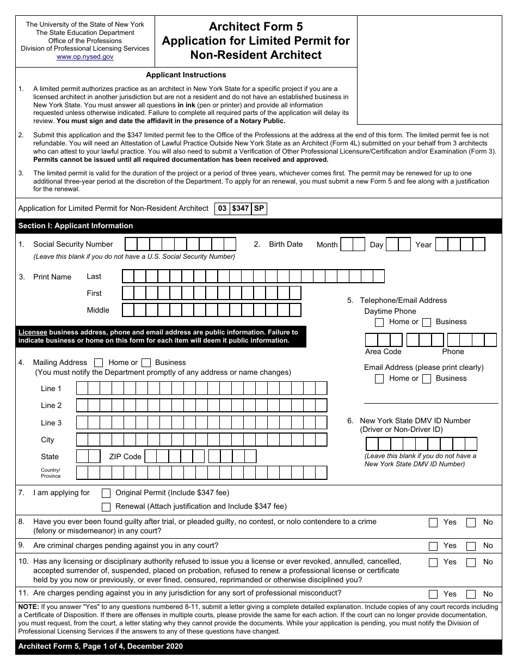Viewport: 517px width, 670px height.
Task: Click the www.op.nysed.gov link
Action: (x=85, y=57)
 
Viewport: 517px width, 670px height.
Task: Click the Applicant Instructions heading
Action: (x=186, y=75)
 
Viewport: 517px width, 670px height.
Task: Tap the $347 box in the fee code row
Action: (x=240, y=209)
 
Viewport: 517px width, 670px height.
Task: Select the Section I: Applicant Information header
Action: (x=76, y=226)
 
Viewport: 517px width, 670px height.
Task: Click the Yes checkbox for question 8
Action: (x=433, y=522)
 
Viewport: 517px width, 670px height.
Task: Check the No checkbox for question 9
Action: (x=471, y=546)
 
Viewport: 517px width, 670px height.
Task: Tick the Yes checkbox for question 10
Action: (x=433, y=562)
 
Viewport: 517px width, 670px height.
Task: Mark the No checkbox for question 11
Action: (x=471, y=594)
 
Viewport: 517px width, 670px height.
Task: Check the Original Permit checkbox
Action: (x=107, y=493)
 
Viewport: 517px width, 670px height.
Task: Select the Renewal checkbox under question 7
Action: (x=107, y=507)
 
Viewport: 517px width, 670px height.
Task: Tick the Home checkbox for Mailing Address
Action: (x=99, y=363)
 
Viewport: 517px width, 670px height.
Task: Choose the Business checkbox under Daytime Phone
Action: (x=427, y=322)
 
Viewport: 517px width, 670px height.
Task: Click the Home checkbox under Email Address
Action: (x=379, y=379)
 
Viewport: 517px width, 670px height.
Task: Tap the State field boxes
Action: (x=88, y=456)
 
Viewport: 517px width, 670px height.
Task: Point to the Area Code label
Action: (x=383, y=352)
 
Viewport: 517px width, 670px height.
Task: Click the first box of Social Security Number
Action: (x=131, y=244)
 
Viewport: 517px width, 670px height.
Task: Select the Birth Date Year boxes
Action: (x=460, y=244)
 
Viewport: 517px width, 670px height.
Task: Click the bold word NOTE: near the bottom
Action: (x=28, y=607)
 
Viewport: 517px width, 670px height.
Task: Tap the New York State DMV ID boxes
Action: (x=421, y=444)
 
